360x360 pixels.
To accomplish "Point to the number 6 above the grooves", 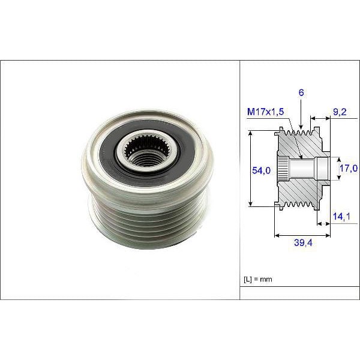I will coord(300,94).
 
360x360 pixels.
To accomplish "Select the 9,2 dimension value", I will coord(340,111).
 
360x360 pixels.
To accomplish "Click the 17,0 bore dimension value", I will coord(349,169).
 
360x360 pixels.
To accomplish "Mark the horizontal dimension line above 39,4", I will coord(301,234).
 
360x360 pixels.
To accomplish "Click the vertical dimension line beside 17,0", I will coord(335,169).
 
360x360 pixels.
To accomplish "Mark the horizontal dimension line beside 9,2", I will coord(320,118).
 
